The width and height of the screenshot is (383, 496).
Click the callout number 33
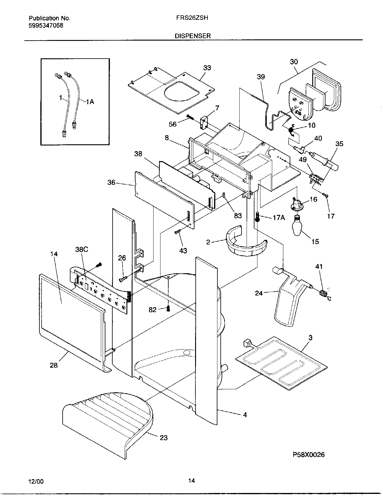[x=207, y=68]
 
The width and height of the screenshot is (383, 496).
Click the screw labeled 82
[x=169, y=308]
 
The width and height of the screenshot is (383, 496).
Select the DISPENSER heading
[x=193, y=36]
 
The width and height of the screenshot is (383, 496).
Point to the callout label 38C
[x=82, y=249]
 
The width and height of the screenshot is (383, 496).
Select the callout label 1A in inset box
[x=90, y=102]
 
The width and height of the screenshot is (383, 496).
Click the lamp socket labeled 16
[x=297, y=206]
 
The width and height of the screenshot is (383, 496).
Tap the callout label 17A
[x=279, y=217]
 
